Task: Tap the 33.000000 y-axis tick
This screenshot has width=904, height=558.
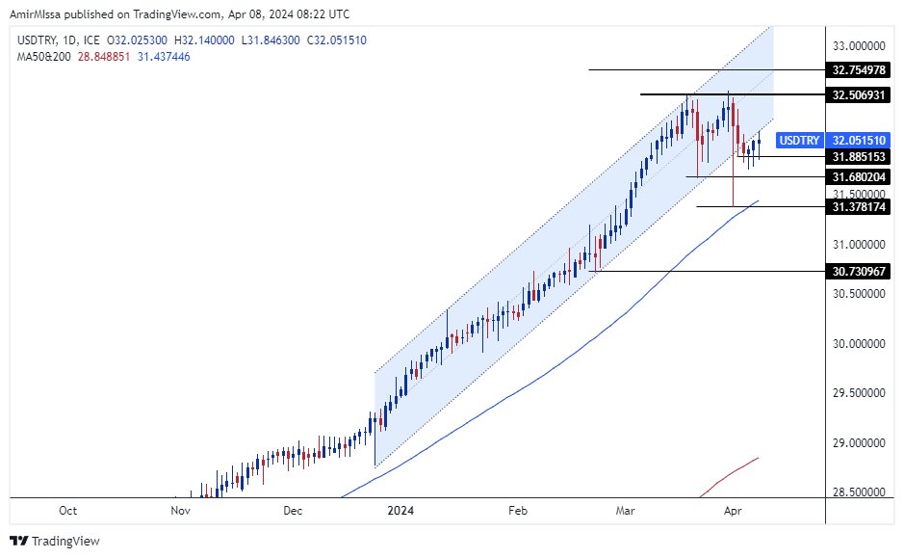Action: (859, 45)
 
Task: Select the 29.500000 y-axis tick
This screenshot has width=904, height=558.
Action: (859, 393)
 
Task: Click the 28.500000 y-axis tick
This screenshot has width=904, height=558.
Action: (859, 492)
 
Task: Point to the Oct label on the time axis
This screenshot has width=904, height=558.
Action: (67, 510)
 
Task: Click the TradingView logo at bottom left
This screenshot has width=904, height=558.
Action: (55, 542)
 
